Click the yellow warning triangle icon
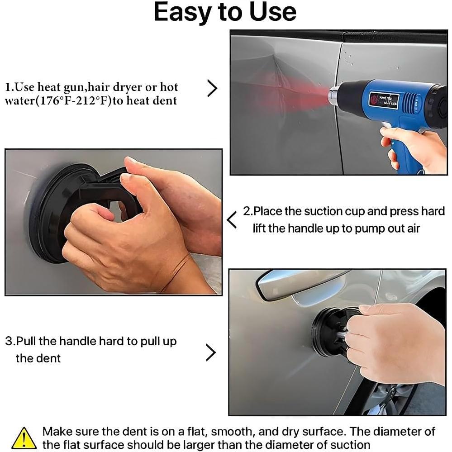pos(24,438)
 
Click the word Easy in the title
pos(184,13)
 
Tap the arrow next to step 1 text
pos(213,88)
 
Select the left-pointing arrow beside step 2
pos(232,220)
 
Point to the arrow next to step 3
pos(211,352)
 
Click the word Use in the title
pos(272,12)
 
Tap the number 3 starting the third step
pos(8,341)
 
